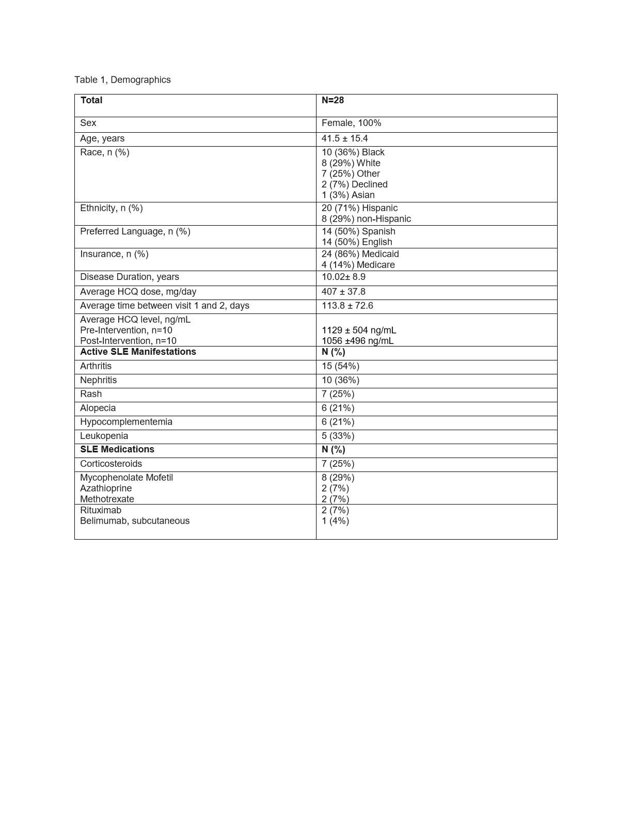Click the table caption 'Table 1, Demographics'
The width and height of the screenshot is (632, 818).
(x=122, y=80)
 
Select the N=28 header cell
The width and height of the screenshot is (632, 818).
(x=333, y=100)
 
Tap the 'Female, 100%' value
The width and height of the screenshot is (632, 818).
(x=351, y=123)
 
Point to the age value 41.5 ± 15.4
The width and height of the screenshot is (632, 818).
(x=344, y=138)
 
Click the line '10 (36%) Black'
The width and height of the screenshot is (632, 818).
(x=353, y=152)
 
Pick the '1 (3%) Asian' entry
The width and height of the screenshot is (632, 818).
(x=348, y=195)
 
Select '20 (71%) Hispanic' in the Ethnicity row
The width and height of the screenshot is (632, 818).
(x=359, y=208)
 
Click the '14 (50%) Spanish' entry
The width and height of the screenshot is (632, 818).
(x=358, y=231)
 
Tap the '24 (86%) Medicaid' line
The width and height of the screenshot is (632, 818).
(x=360, y=254)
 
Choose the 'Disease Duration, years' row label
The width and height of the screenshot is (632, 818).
(x=130, y=277)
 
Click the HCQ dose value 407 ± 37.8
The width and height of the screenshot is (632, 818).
(x=343, y=292)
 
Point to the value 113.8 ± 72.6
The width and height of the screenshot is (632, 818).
(x=347, y=306)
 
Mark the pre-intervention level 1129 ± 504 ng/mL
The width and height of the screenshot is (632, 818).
(x=359, y=331)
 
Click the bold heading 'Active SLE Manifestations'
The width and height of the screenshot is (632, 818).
(x=138, y=352)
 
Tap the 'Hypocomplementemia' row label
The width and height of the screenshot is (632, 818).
(x=126, y=422)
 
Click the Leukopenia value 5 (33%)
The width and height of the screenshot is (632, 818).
(x=338, y=436)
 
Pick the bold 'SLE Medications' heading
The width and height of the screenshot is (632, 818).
(x=117, y=449)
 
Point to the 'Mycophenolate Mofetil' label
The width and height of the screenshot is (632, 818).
(x=127, y=478)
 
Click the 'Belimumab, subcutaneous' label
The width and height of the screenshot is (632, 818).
(x=135, y=521)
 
